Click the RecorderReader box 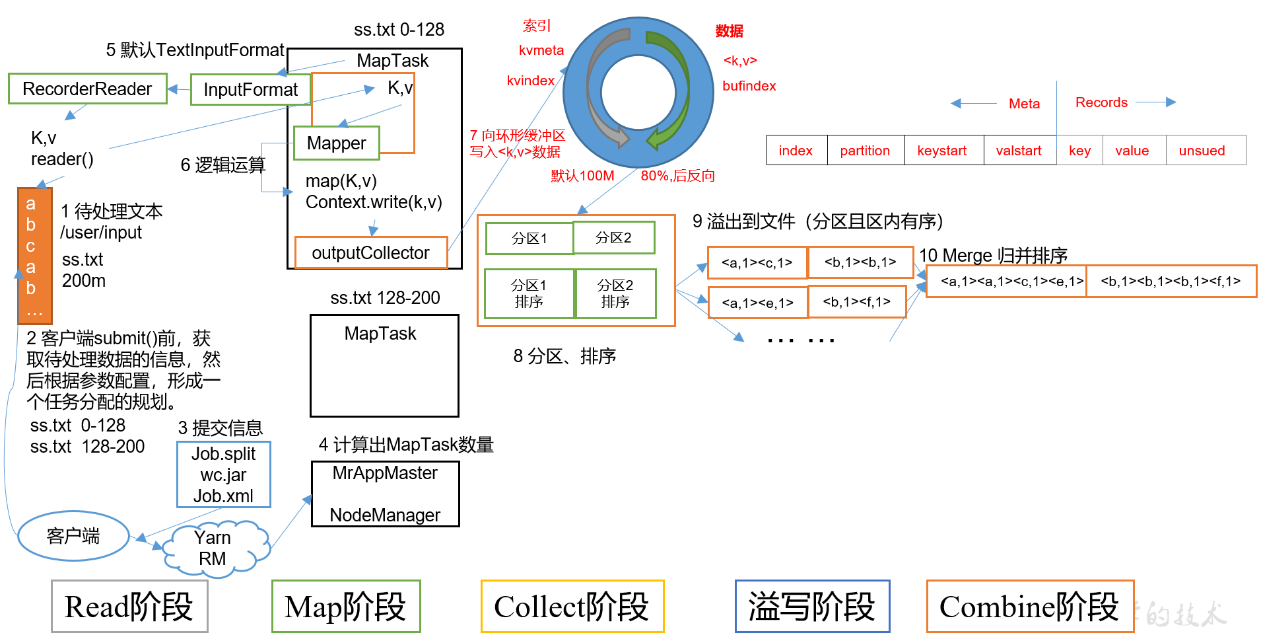point(87,89)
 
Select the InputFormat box point(250,89)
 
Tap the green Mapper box point(336,143)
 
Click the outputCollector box point(370,252)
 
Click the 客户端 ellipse point(73,536)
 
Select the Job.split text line point(223,454)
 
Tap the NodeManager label point(385,515)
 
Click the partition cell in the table point(865,151)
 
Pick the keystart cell point(942,151)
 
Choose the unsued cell point(1202,151)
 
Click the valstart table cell point(1019,151)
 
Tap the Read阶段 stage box point(129,607)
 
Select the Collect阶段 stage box point(572,607)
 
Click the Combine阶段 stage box point(1029,607)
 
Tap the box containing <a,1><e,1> point(757,303)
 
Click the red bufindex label point(749,86)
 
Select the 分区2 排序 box point(615,293)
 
